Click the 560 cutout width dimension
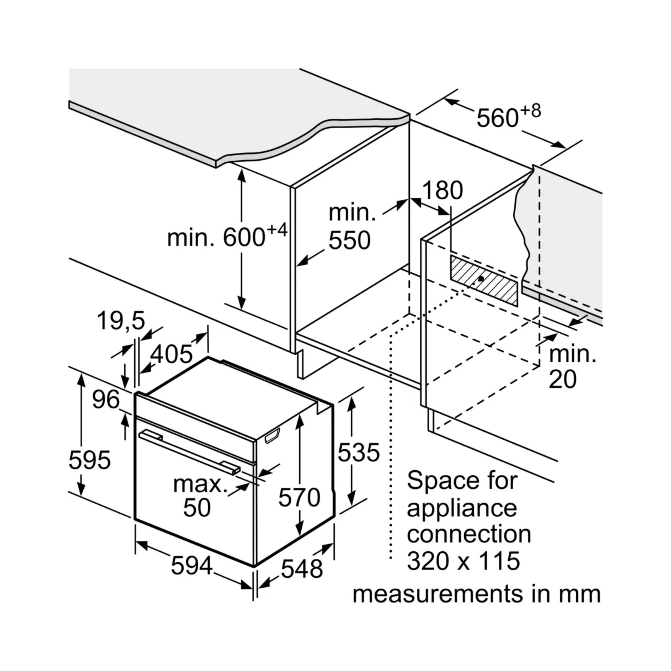497,118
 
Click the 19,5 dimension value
121,321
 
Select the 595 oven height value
90,460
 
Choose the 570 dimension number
299,497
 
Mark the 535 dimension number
359,452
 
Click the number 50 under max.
197,508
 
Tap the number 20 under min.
562,379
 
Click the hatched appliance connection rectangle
484,281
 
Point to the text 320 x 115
464,560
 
